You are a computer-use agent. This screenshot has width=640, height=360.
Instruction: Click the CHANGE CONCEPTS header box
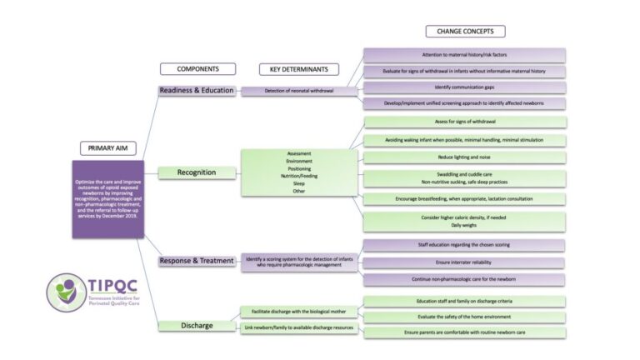pyautogui.click(x=465, y=32)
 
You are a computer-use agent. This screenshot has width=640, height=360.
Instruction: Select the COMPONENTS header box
pyautogui.click(x=197, y=69)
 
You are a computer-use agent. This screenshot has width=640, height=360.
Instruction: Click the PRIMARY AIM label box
pyautogui.click(x=107, y=148)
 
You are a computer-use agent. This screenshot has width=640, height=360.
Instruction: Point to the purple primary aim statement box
pyautogui.click(x=107, y=200)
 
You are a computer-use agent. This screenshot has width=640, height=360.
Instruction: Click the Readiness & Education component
pyautogui.click(x=196, y=91)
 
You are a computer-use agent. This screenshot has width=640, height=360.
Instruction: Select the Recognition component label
pyautogui.click(x=196, y=172)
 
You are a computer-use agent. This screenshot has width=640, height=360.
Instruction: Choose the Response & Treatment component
pyautogui.click(x=196, y=261)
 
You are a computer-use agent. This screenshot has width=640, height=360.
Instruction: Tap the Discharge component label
pyautogui.click(x=196, y=325)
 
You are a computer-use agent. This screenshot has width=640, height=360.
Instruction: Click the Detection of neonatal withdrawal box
pyautogui.click(x=298, y=91)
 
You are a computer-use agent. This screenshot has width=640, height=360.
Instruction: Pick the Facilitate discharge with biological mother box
pyautogui.click(x=298, y=311)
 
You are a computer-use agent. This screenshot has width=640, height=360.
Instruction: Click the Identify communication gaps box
pyautogui.click(x=465, y=87)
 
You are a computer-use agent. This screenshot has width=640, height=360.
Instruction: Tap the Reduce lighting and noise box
pyautogui.click(x=465, y=157)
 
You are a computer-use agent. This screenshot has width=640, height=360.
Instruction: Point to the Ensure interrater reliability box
pyautogui.click(x=465, y=262)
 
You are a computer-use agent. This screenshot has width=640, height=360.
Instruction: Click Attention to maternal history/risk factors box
pyautogui.click(x=465, y=54)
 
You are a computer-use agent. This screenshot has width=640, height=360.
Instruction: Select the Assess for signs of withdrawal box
pyautogui.click(x=465, y=122)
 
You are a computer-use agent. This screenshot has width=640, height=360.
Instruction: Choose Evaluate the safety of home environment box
pyautogui.click(x=465, y=317)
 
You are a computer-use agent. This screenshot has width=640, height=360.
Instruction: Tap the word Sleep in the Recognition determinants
pyautogui.click(x=298, y=183)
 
